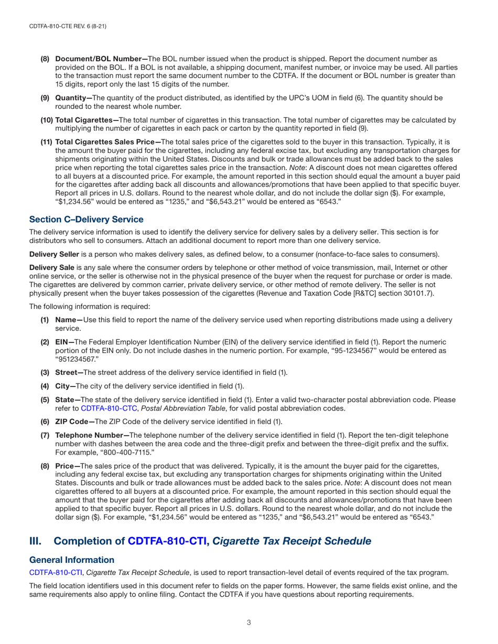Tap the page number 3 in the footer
(x=249, y=623)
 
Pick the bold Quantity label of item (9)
(x=72, y=98)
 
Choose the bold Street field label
(x=68, y=372)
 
